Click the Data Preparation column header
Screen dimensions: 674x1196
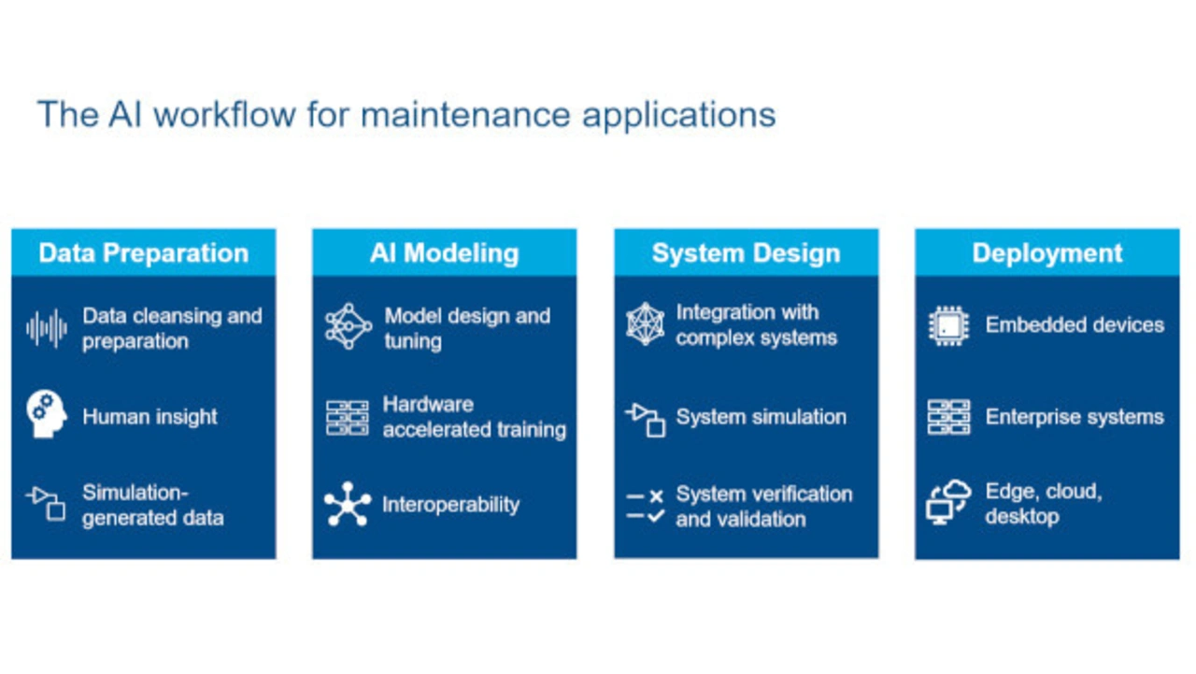pyautogui.click(x=143, y=253)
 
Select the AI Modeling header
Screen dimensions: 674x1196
pyautogui.click(x=444, y=253)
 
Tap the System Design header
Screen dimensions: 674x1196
pyautogui.click(x=746, y=253)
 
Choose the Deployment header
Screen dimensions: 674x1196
pyautogui.click(x=1046, y=253)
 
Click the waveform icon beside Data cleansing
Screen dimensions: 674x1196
pyautogui.click(x=47, y=328)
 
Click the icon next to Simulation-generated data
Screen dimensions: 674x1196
pyautogui.click(x=47, y=504)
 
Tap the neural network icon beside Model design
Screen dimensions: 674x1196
pyautogui.click(x=348, y=327)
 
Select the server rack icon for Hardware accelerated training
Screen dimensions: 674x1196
pyautogui.click(x=348, y=417)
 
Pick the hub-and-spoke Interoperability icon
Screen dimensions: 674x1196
pyautogui.click(x=348, y=504)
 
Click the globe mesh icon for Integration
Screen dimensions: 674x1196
pyautogui.click(x=646, y=324)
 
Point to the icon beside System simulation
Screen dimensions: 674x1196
pyautogui.click(x=646, y=418)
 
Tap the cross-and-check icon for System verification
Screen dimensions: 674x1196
pyautogui.click(x=646, y=506)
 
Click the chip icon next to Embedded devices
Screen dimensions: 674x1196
pyautogui.click(x=948, y=325)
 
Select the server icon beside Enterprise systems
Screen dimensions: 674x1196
pyautogui.click(x=948, y=417)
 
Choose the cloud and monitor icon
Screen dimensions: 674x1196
pyautogui.click(x=948, y=503)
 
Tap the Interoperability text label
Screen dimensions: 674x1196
pyautogui.click(x=450, y=505)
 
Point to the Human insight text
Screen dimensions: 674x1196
pyautogui.click(x=149, y=417)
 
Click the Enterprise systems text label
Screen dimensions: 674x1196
pyautogui.click(x=1075, y=417)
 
